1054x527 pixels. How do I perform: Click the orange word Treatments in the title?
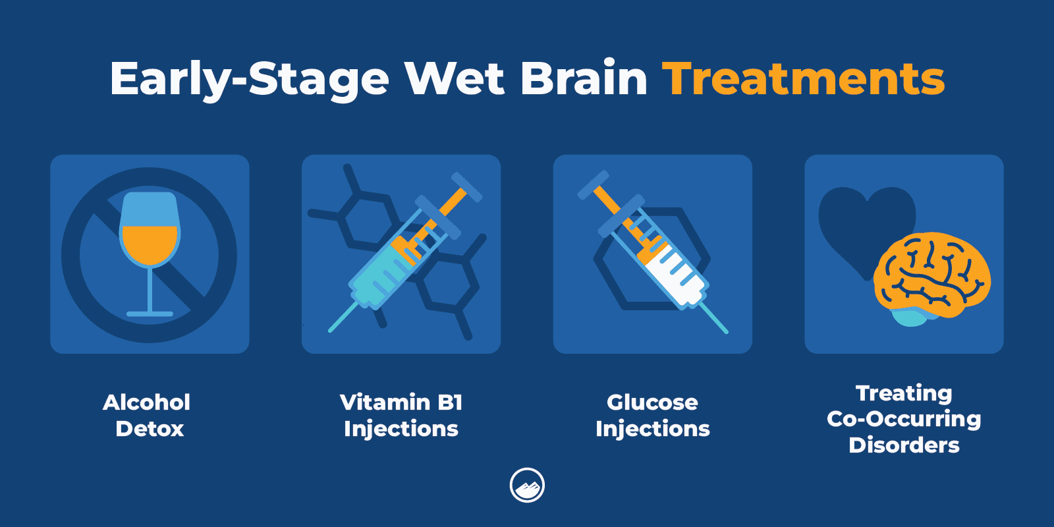click(x=803, y=79)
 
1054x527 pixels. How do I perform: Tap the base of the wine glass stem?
click(x=150, y=314)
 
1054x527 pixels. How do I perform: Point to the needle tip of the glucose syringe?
click(x=726, y=331)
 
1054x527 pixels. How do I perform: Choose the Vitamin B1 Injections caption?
click(x=401, y=415)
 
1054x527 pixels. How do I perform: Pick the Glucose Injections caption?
click(x=652, y=415)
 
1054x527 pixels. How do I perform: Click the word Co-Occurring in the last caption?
click(x=904, y=419)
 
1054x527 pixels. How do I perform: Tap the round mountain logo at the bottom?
click(x=527, y=485)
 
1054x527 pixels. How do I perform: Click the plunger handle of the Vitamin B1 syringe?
click(x=466, y=186)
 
